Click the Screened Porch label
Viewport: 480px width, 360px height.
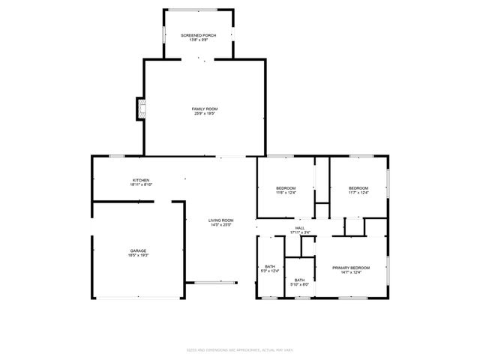(199, 35)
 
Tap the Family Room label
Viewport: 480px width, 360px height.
(205, 109)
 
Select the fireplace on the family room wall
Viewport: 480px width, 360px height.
(139, 109)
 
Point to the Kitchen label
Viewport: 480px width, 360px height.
(141, 180)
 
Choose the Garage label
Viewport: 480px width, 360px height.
(138, 250)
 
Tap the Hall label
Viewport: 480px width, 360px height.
(300, 228)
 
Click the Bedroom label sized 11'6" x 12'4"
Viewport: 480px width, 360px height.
(286, 187)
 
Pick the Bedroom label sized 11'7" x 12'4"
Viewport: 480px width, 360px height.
(358, 187)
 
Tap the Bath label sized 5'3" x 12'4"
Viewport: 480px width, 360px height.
(269, 266)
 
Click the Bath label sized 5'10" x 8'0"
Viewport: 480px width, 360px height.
(299, 280)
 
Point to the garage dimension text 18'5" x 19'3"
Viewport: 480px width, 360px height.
(138, 256)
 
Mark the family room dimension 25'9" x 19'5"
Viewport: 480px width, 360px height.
(205, 114)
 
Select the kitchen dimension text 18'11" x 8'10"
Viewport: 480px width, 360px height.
(141, 185)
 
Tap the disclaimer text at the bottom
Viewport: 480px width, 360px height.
(239, 328)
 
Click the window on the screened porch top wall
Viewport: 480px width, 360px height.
(199, 10)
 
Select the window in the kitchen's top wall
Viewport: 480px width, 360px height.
(116, 156)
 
